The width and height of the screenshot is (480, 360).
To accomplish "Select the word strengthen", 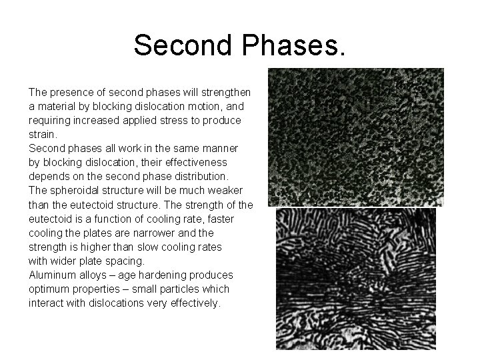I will [x=224, y=93].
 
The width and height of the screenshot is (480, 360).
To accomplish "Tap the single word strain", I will [x=40, y=135].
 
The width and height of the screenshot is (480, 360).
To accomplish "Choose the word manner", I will [x=219, y=149].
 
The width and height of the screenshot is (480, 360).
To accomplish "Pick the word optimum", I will [x=49, y=289].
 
